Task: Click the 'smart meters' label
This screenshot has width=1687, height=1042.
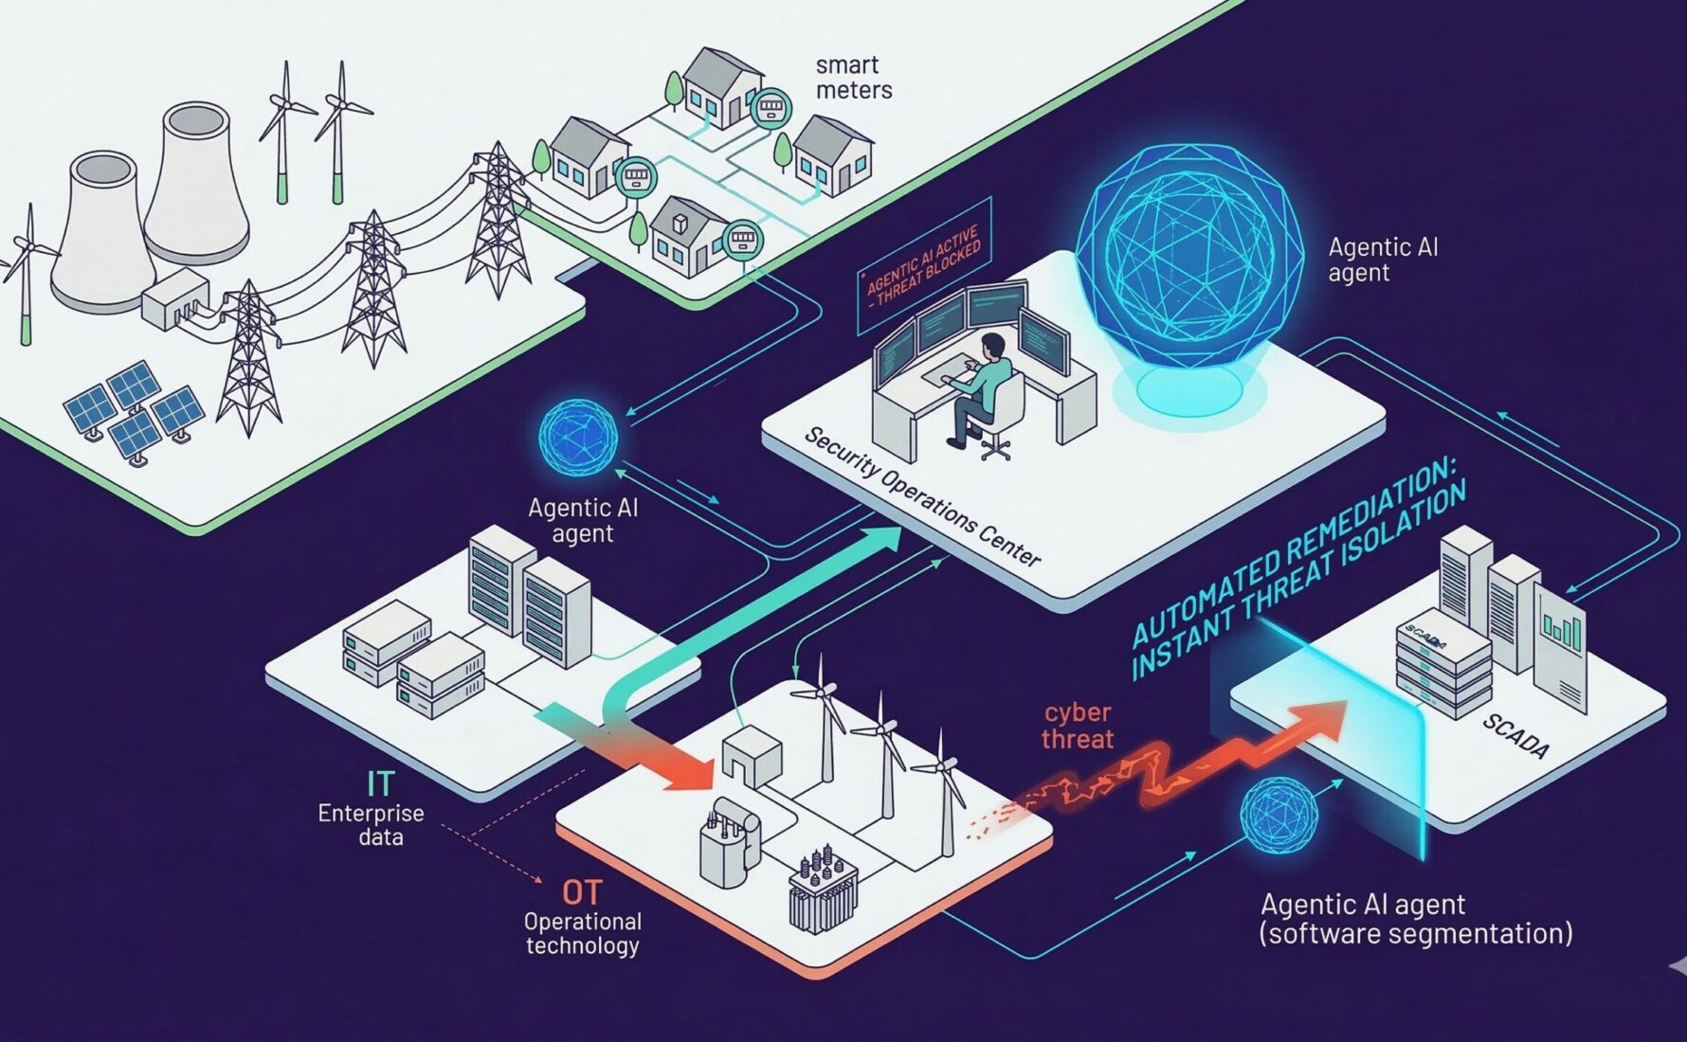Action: coord(853,78)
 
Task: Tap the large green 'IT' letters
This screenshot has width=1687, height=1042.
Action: coord(380,783)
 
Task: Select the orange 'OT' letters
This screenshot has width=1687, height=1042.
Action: coord(581,892)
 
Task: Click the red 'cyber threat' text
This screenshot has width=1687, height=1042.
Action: coord(1078,726)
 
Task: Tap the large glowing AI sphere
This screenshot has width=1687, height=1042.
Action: coord(1189,256)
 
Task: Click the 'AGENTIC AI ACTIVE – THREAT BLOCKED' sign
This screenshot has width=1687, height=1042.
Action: coord(924,265)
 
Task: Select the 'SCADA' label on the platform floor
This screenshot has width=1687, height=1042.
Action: coord(1515,736)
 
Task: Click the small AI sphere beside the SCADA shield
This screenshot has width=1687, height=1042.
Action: coord(1279,817)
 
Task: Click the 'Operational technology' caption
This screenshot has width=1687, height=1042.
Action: coord(582,933)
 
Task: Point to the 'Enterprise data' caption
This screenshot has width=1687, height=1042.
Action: coord(371,825)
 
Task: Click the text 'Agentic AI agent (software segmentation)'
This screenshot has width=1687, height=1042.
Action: coord(1415,919)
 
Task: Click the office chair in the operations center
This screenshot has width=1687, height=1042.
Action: coord(1001,417)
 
